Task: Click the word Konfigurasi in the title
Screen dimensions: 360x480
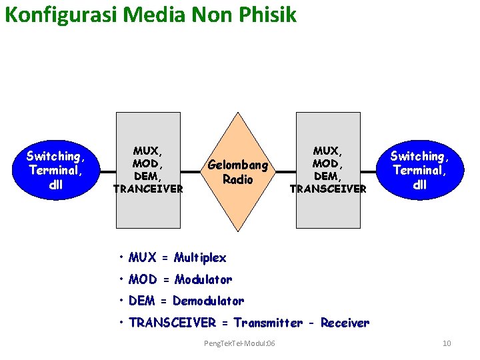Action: coord(61,15)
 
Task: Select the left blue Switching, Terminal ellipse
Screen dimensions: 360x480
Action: coord(56,170)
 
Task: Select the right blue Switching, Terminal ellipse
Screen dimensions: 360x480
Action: coord(419,170)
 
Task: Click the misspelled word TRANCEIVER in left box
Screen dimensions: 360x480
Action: coord(148,189)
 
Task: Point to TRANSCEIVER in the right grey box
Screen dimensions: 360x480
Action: coord(328,189)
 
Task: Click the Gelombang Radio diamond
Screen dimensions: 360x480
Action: coord(238,171)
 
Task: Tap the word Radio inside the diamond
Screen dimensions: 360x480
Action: coord(238,179)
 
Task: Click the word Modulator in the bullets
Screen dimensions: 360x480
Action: coord(203,279)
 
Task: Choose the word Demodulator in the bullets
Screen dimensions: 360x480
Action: coord(208,301)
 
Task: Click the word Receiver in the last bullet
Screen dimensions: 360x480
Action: coord(345,323)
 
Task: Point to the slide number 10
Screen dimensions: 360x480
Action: coord(447,343)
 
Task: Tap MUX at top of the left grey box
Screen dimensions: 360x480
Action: coord(148,151)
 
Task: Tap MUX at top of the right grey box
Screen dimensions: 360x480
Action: coord(327,151)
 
